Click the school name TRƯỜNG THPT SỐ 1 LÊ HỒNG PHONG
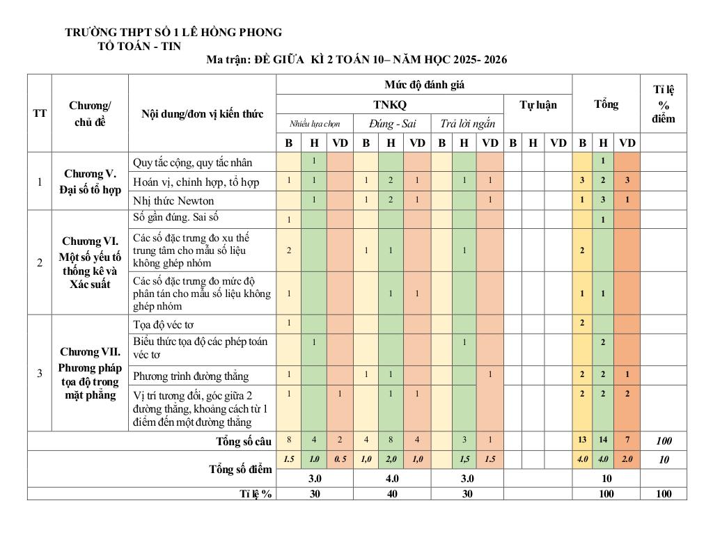(173, 32)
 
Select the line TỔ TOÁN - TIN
(140, 46)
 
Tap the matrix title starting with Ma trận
(356, 60)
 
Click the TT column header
(40, 113)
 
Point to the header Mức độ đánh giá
(424, 85)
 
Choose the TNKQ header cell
(389, 104)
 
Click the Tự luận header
(538, 104)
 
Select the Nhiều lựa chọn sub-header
(315, 124)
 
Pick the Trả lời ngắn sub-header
(467, 124)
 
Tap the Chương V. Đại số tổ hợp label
(90, 181)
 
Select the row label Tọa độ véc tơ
(163, 324)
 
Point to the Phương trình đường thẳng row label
(191, 376)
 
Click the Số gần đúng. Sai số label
(175, 218)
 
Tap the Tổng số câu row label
(244, 441)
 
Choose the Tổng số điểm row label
(240, 469)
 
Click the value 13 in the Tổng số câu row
(582, 441)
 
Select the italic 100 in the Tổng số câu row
(663, 441)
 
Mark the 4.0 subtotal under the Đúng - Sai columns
(392, 479)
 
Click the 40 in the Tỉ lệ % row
(392, 493)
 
